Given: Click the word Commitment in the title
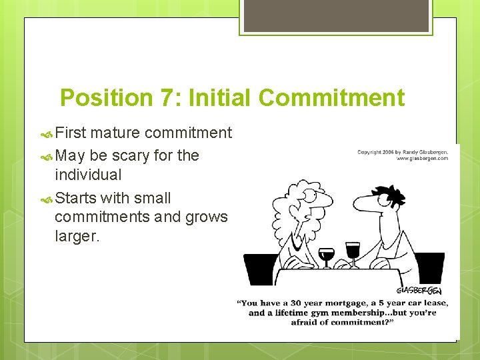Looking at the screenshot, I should pyautogui.click(x=331, y=98).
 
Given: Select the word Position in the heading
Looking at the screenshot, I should pyautogui.click(x=106, y=98).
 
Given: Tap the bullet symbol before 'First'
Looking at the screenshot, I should pyautogui.click(x=46, y=133).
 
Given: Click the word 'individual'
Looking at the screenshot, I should pyautogui.click(x=88, y=175).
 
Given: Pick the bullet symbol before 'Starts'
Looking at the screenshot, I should pyautogui.click(x=46, y=198).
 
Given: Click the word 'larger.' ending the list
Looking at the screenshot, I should pyautogui.click(x=77, y=236).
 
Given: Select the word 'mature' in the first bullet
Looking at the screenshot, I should pyautogui.click(x=116, y=133).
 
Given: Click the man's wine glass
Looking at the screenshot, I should pyautogui.click(x=353, y=252).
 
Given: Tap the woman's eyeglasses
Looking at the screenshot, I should pyautogui.click(x=311, y=196).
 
